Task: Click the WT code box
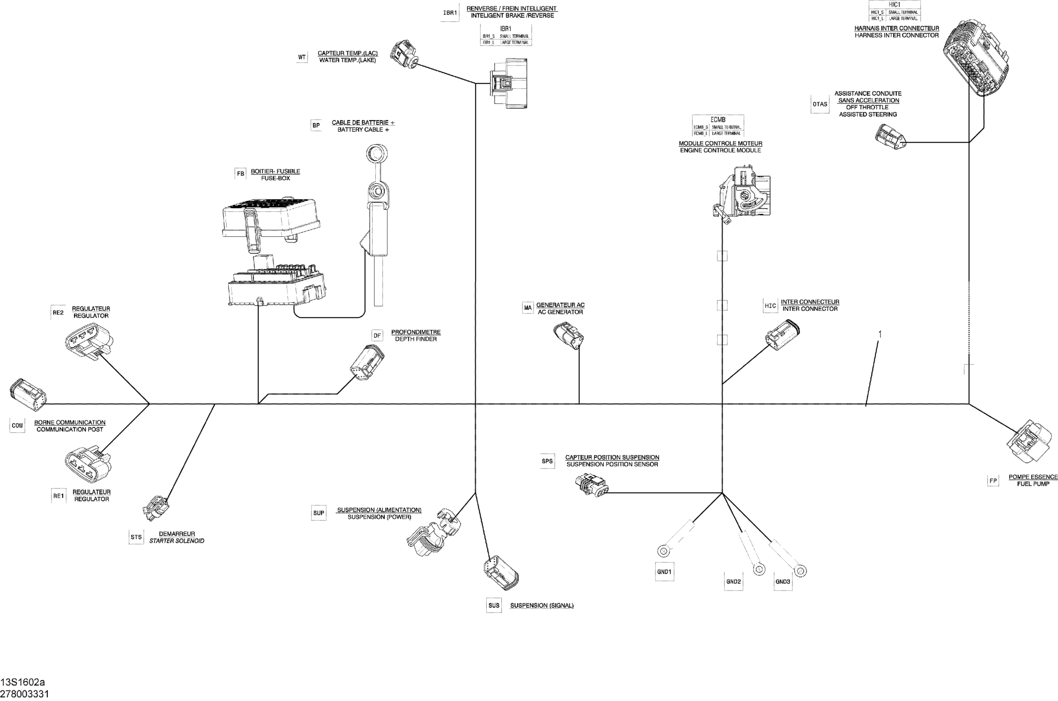pyautogui.click(x=302, y=57)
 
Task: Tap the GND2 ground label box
pyautogui.click(x=733, y=582)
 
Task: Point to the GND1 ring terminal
pyautogui.click(x=663, y=549)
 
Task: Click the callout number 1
pyautogui.click(x=880, y=334)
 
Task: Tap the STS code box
pyautogui.click(x=136, y=537)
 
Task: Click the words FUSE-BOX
pyautogui.click(x=276, y=179)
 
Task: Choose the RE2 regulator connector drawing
pyautogui.click(x=89, y=341)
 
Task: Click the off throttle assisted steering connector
pyautogui.click(x=890, y=136)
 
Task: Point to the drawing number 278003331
pyautogui.click(x=25, y=694)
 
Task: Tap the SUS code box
pyautogui.click(x=494, y=605)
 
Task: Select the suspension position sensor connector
pyautogui.click(x=591, y=485)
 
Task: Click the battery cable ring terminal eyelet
pyautogui.click(x=377, y=154)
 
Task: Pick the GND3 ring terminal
pyautogui.click(x=801, y=570)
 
